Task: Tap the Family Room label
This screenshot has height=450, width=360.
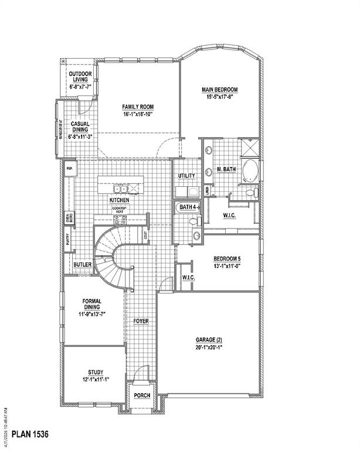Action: pyautogui.click(x=138, y=107)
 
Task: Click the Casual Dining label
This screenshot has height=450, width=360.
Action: pyautogui.click(x=80, y=124)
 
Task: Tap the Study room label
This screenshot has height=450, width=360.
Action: pyautogui.click(x=96, y=372)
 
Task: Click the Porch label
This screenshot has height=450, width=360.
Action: pyautogui.click(x=142, y=396)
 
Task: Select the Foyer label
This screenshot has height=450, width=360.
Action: pyautogui.click(x=141, y=322)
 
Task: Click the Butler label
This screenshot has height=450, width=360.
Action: pyautogui.click(x=83, y=265)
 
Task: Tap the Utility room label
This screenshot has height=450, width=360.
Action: pyautogui.click(x=186, y=176)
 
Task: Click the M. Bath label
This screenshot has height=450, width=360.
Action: pyautogui.click(x=226, y=169)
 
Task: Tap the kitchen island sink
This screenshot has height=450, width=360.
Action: pyautogui.click(x=121, y=189)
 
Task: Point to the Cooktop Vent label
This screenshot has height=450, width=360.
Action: pyautogui.click(x=120, y=210)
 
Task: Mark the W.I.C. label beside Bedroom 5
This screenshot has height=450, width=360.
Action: pyautogui.click(x=189, y=277)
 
